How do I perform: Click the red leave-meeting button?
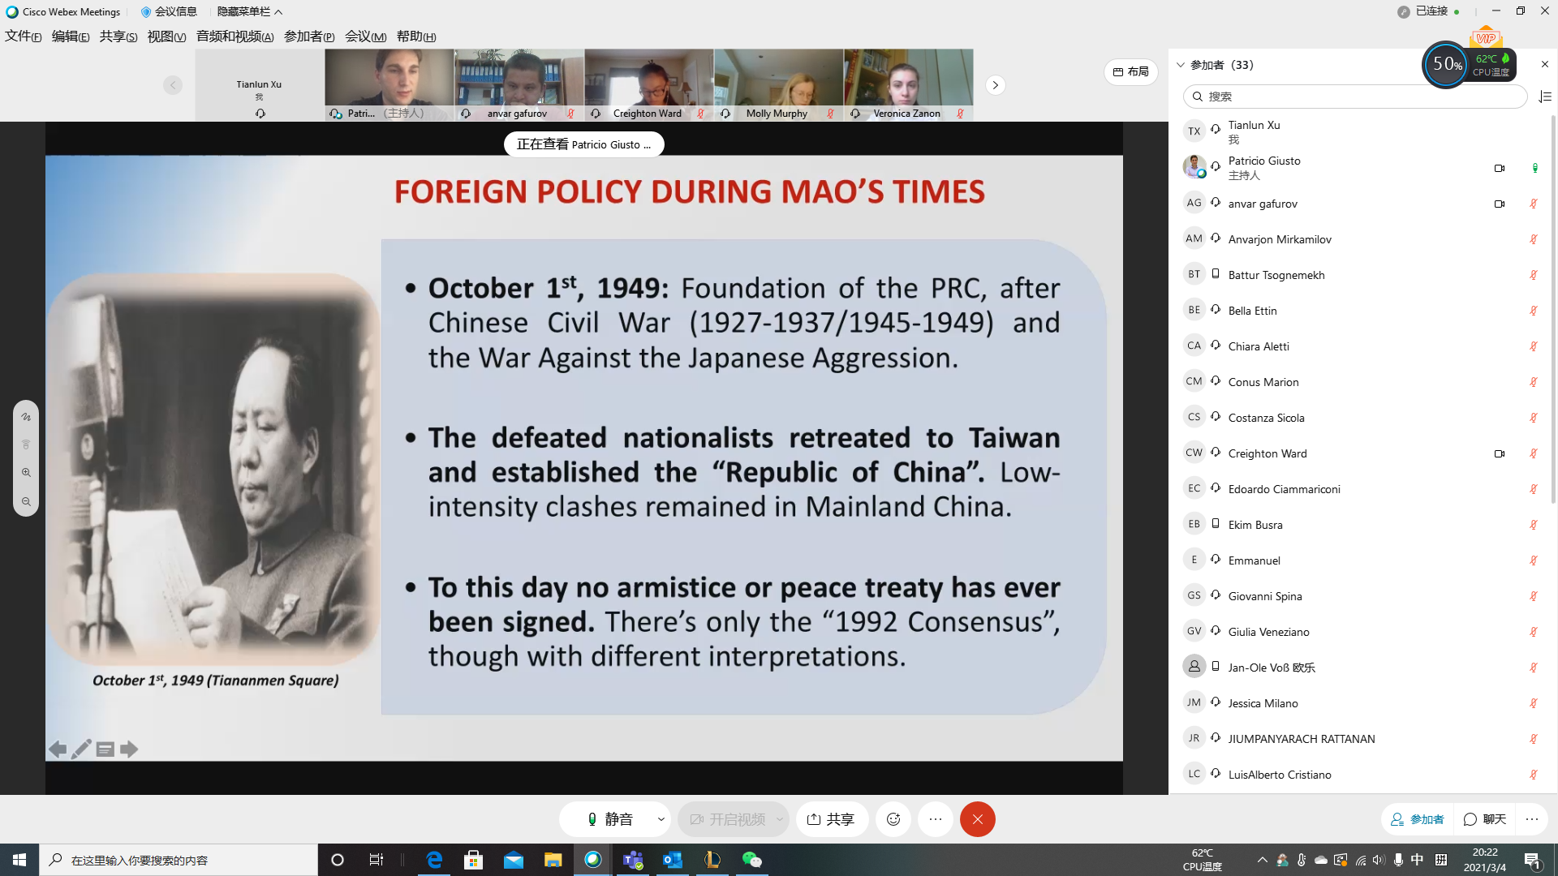point(977,819)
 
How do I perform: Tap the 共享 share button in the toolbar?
point(832,819)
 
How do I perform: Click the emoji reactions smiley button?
point(893,819)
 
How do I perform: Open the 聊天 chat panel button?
point(1485,819)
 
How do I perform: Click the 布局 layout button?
point(1130,71)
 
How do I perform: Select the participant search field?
point(1355,97)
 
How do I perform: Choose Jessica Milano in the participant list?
point(1263,703)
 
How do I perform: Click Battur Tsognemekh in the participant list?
point(1276,275)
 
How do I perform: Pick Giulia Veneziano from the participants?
point(1268,632)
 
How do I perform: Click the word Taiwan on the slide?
point(1014,438)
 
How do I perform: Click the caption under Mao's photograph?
point(215,681)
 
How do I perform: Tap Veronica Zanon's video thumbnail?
point(909,85)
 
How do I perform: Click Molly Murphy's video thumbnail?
point(779,85)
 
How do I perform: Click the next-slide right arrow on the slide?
point(129,749)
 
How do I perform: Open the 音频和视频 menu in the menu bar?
point(235,36)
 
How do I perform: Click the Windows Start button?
point(19,860)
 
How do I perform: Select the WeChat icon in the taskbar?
point(752,860)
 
